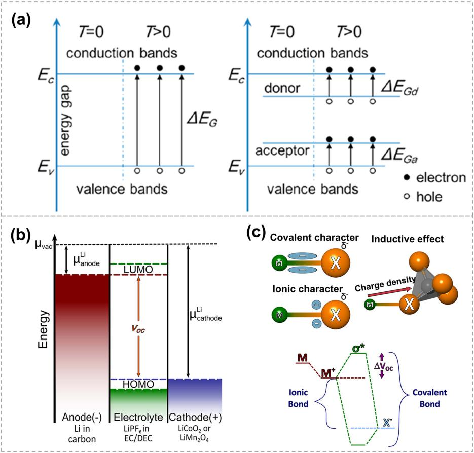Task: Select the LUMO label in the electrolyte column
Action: pyautogui.click(x=138, y=269)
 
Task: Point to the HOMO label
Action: pyautogui.click(x=138, y=385)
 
